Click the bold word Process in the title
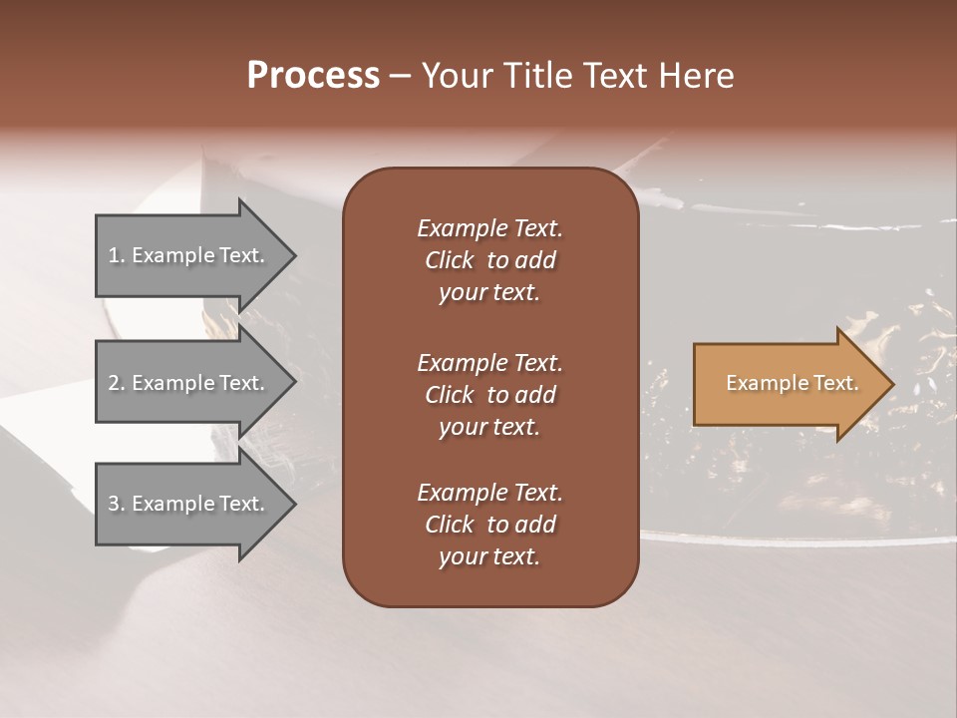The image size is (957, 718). point(313,76)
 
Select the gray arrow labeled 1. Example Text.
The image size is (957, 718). point(189,255)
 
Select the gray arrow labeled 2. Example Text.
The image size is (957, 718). point(189,383)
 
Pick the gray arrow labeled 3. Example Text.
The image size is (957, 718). point(189,504)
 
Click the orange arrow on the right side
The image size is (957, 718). point(788,384)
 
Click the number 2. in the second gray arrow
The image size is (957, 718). point(117,383)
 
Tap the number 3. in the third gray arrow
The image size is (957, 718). point(117,504)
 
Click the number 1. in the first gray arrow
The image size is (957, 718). point(116,255)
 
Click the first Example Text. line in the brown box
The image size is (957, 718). point(489,228)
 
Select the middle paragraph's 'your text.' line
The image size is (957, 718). point(489,427)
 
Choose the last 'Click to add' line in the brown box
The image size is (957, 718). point(489,525)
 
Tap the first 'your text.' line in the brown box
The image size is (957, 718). point(489,293)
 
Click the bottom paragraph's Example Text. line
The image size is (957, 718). point(489,493)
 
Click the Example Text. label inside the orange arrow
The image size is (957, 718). point(792,383)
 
